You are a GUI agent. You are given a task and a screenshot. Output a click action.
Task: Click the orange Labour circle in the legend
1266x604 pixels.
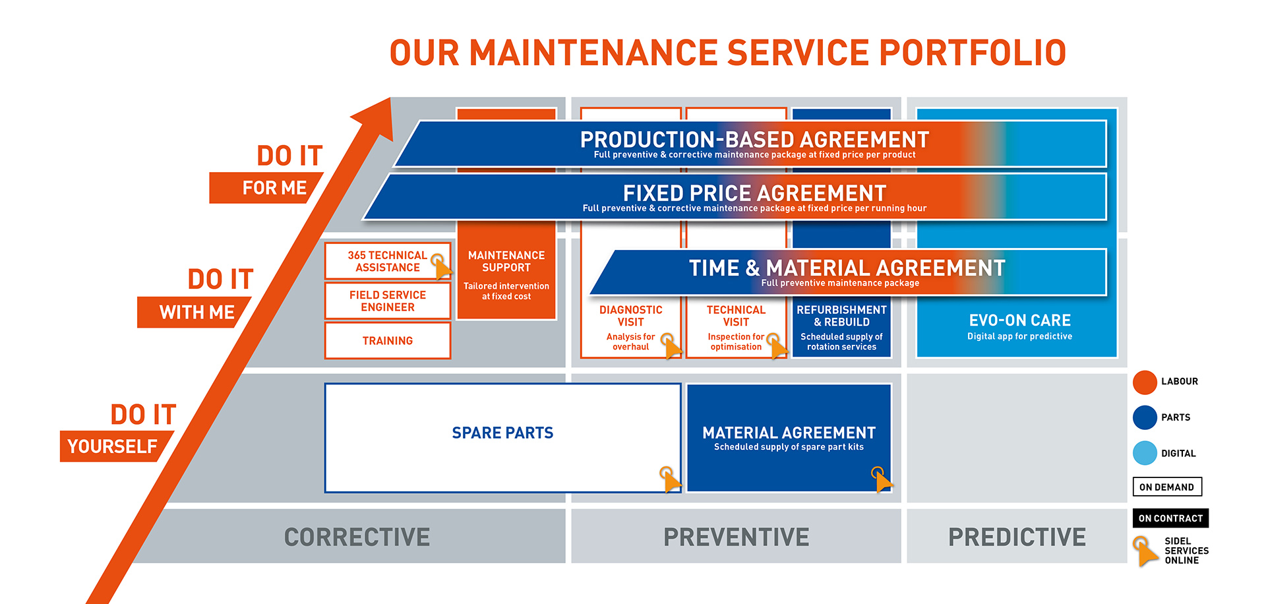[x=1145, y=382]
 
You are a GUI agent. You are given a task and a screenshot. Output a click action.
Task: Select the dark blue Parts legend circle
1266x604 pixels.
[x=1145, y=417]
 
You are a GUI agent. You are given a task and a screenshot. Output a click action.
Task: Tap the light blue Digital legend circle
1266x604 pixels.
[x=1145, y=453]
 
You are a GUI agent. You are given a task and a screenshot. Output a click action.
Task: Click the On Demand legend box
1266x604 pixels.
[x=1167, y=487]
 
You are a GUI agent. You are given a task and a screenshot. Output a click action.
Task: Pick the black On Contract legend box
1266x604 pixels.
[x=1170, y=518]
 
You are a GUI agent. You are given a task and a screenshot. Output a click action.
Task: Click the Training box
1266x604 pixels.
[x=388, y=340]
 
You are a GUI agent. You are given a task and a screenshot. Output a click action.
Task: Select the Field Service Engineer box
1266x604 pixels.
[x=388, y=301]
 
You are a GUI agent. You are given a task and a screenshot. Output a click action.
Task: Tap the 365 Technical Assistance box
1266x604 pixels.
[x=388, y=261]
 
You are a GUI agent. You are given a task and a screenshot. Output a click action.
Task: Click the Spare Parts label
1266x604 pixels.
[x=502, y=433]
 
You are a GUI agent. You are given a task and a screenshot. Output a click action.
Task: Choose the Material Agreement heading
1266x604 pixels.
[x=789, y=433]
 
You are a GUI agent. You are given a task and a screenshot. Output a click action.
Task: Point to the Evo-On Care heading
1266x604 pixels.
[x=1019, y=320]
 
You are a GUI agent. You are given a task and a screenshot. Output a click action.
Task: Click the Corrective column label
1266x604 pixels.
[x=357, y=537]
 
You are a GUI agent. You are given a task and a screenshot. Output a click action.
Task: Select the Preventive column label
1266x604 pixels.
[x=736, y=537]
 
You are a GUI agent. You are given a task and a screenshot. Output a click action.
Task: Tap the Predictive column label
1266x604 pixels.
[x=1017, y=537]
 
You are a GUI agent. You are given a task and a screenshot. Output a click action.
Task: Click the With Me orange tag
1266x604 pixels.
[x=194, y=312]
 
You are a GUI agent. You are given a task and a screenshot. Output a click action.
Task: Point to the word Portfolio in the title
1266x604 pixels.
[x=973, y=53]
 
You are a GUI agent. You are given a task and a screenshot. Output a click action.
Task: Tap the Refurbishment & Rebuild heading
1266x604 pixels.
[x=841, y=316]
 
